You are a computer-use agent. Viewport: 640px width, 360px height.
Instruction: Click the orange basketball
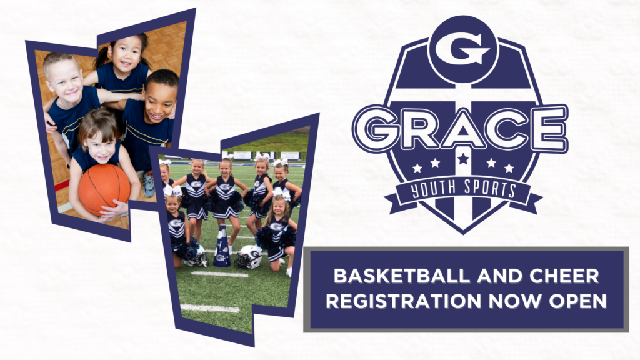pos(104,190)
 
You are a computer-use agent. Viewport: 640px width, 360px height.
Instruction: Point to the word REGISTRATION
pos(404,301)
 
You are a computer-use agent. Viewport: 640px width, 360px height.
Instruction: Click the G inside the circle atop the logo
pos(463,49)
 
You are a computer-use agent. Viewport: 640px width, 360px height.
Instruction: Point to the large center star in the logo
pos(463,158)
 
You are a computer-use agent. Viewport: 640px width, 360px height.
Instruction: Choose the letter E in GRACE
pos(547,128)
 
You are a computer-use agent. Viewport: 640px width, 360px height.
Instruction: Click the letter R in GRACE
pos(419,128)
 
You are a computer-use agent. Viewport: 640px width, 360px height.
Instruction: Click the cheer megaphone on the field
pos(222,246)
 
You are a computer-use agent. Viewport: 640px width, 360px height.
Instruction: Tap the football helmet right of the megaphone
pos(249,257)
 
